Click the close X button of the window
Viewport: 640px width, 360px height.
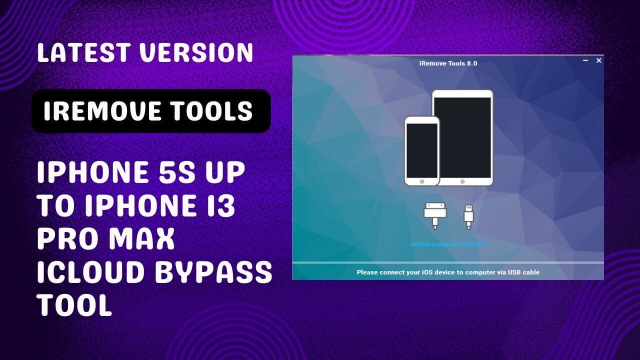point(598,60)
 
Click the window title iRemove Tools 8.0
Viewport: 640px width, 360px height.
point(448,63)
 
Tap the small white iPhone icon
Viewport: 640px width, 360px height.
point(421,150)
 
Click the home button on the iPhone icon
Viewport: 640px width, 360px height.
point(421,181)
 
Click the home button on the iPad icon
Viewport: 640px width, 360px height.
point(462,181)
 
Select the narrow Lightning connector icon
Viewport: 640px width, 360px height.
point(468,215)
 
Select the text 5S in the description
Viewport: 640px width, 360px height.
point(171,173)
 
